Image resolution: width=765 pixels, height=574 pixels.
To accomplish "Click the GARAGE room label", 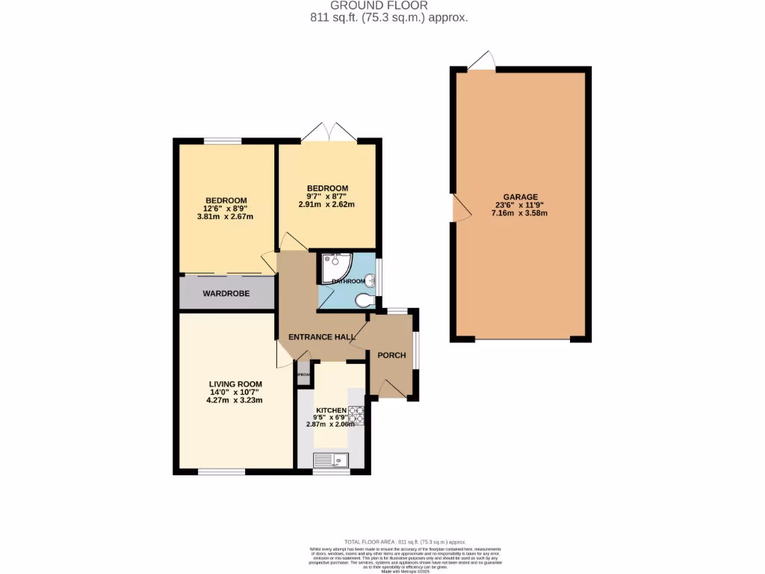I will [521, 197].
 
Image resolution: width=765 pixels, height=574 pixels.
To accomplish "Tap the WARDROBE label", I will [226, 293].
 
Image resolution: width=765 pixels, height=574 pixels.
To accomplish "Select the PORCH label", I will [391, 355].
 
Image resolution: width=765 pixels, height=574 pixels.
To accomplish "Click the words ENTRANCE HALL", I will [322, 337].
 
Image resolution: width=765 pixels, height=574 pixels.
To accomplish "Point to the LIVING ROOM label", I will [235, 384].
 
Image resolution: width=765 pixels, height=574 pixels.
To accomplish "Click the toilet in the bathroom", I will [364, 300].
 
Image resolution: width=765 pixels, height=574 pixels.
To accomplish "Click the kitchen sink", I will [329, 460].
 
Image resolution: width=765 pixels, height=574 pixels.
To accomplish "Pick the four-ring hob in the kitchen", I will [356, 414].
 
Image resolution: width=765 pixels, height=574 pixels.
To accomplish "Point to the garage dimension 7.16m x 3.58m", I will [521, 213].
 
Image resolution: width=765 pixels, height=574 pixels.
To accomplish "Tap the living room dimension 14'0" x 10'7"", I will [235, 392].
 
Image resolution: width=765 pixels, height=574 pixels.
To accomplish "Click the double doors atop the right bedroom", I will [329, 132].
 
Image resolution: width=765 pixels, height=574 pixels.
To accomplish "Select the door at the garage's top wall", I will [481, 61].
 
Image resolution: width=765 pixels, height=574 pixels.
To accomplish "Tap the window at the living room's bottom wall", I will [222, 471].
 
